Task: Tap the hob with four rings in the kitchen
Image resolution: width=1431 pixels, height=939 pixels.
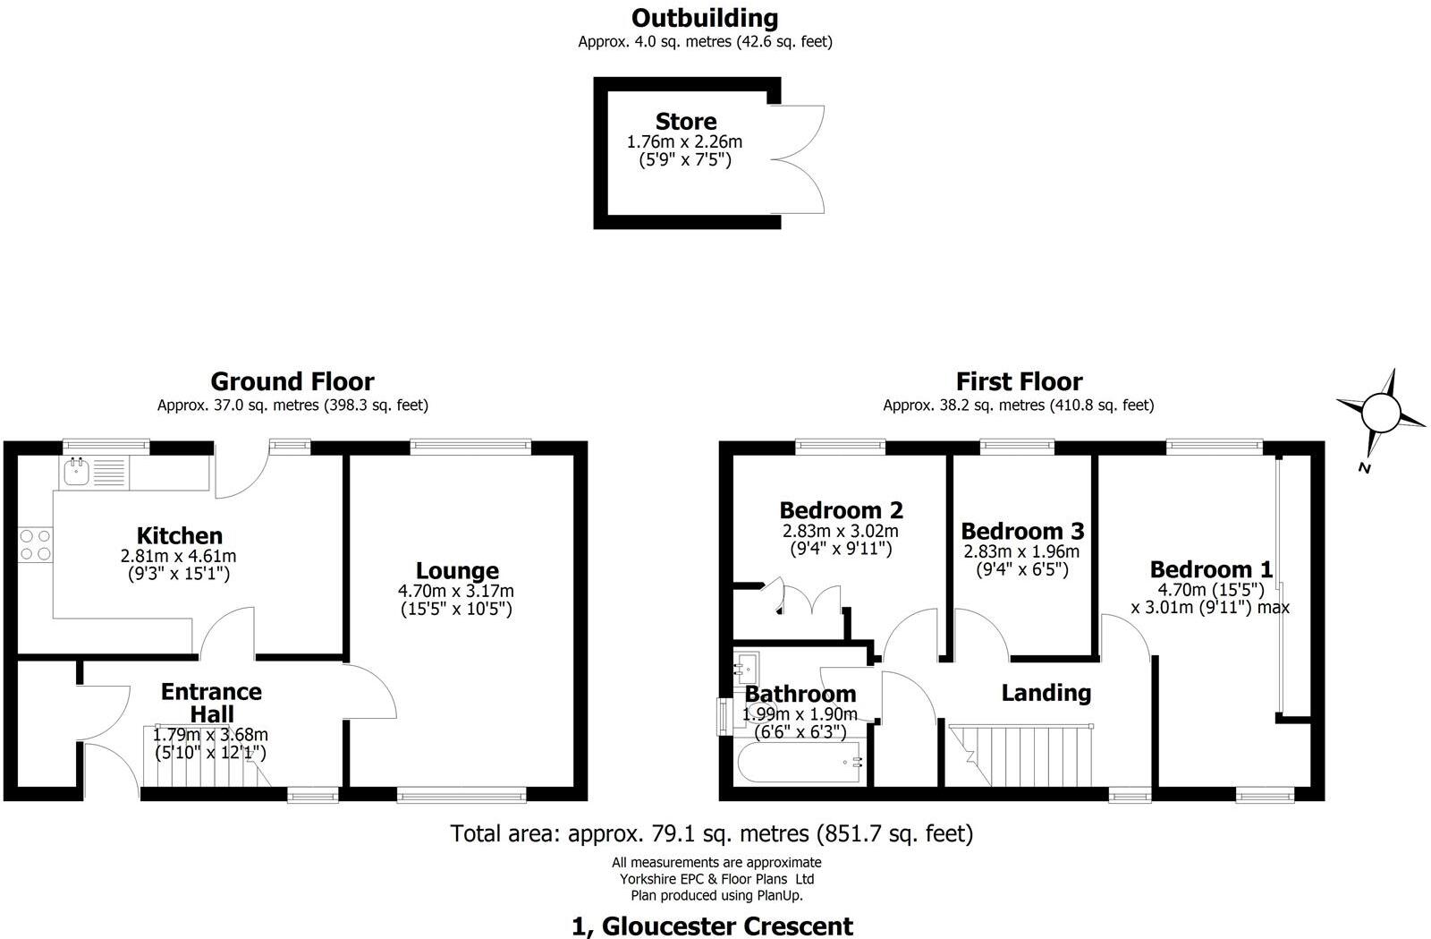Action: point(35,544)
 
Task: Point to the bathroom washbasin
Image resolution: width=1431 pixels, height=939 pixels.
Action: point(746,667)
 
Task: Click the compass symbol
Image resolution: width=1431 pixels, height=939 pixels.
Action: point(1379,414)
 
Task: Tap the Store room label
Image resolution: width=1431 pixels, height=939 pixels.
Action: point(686,122)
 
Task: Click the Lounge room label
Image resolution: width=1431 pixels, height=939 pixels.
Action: point(457,570)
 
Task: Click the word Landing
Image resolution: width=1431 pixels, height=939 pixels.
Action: point(1046,692)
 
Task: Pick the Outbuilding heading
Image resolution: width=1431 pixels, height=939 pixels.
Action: point(705,18)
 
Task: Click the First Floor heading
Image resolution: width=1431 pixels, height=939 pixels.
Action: point(1019,382)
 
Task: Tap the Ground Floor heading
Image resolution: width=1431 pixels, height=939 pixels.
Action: point(292,382)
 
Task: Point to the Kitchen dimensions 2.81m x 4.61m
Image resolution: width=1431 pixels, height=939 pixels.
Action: point(179,556)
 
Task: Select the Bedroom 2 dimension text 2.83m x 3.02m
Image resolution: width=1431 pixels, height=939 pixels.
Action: point(841,531)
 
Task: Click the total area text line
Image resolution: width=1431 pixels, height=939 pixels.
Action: point(712,834)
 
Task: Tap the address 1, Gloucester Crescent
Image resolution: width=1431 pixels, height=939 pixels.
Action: point(712,926)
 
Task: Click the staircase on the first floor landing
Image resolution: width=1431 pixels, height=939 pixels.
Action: point(1020,755)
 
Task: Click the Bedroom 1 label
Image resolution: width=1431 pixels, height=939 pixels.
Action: point(1211,569)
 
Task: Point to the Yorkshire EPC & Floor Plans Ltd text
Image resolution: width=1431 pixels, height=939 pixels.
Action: point(716,879)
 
